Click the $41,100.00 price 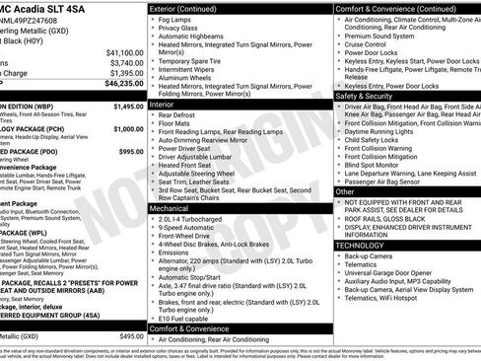click(124, 52)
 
